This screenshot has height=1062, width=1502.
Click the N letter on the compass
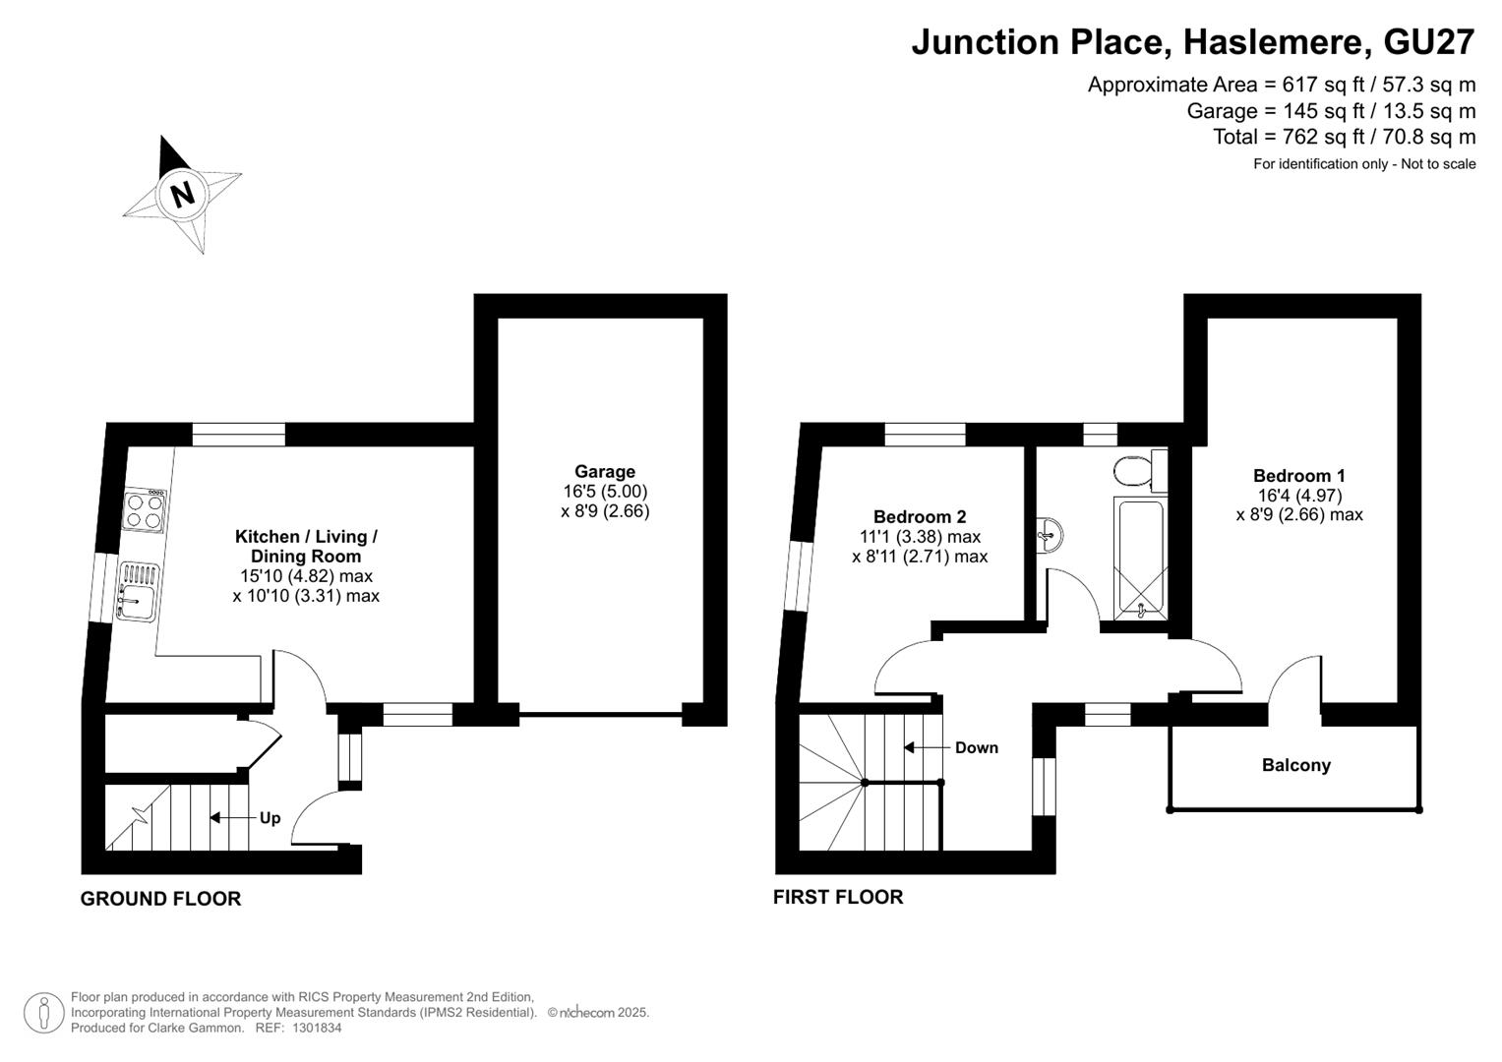182,195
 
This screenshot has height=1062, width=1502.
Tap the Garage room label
604,471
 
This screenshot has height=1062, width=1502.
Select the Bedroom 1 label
1298,475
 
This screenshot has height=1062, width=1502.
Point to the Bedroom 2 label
920,516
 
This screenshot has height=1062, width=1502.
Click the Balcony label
1295,765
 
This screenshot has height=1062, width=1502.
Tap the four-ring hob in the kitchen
145,509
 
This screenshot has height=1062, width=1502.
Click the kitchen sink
138,592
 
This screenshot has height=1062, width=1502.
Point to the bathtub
1140,558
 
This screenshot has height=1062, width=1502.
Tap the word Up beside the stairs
270,818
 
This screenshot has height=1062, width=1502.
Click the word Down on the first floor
977,747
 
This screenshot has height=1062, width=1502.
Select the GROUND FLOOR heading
160,899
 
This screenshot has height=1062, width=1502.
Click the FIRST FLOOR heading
837,897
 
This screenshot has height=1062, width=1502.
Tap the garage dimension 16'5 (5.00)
605,492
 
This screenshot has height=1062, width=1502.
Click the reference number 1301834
317,1028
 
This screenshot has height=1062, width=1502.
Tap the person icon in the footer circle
44,1013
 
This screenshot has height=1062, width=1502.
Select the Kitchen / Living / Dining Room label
306,547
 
